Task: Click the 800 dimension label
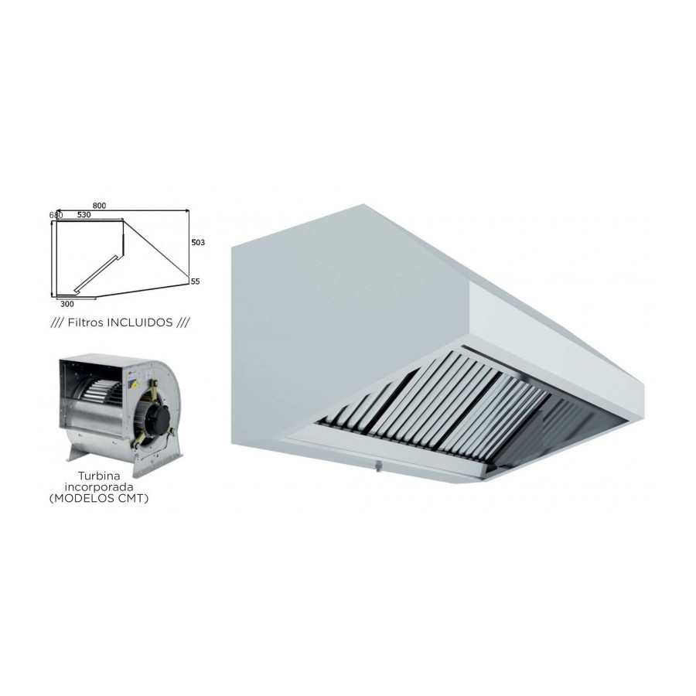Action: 100,206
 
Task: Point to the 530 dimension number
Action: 84,215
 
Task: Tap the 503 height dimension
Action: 198,242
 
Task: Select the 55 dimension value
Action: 196,281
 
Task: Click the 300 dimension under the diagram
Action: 67,304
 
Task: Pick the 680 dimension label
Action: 56,215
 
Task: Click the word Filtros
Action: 84,322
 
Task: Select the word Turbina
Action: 99,476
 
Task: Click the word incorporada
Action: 99,487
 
